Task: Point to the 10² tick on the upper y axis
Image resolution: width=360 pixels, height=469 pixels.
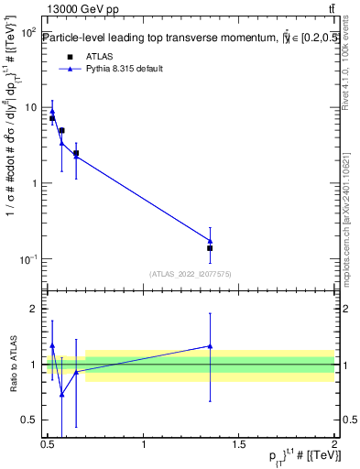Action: (28, 32)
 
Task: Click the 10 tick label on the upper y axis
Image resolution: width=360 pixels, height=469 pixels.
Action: (31, 107)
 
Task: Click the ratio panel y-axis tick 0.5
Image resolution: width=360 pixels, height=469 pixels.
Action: (34, 420)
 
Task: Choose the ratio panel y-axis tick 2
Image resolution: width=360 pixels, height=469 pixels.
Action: (38, 309)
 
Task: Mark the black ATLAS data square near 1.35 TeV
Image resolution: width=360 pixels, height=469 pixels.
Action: (210, 248)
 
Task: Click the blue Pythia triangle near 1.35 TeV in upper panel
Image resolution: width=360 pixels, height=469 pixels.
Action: (210, 241)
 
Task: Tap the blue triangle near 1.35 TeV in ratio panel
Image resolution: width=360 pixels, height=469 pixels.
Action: (210, 346)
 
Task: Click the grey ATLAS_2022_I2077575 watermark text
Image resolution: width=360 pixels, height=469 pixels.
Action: (191, 273)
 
